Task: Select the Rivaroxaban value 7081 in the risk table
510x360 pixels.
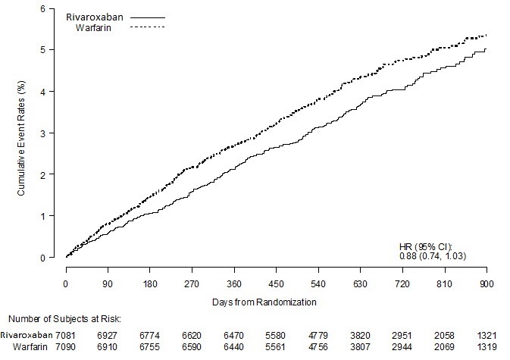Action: click(x=67, y=333)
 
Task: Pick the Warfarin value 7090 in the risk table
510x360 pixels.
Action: click(x=67, y=346)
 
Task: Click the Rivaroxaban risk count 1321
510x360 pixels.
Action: click(x=486, y=333)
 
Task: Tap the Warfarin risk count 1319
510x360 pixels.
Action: click(x=486, y=346)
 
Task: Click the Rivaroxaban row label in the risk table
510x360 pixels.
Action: click(x=27, y=333)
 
